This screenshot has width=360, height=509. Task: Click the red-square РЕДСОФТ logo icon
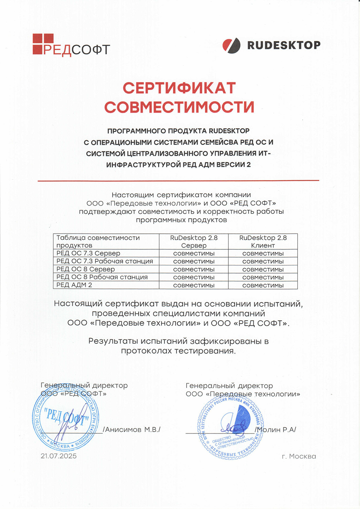click(x=43, y=44)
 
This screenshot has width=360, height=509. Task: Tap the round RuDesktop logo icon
click(x=231, y=45)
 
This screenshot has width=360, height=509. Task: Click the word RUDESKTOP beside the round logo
click(x=284, y=45)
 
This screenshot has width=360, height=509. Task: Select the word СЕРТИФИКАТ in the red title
click(x=179, y=88)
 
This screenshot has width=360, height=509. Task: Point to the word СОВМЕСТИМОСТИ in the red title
click(x=179, y=107)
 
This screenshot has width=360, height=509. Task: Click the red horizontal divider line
click(x=178, y=181)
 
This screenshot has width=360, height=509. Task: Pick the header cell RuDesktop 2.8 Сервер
click(x=194, y=242)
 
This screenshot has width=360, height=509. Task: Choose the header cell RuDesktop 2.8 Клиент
click(x=263, y=242)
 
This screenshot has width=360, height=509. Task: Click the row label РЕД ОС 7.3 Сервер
click(x=88, y=253)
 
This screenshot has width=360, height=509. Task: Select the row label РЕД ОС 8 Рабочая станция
click(x=102, y=277)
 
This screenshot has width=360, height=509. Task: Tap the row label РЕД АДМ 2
click(x=74, y=285)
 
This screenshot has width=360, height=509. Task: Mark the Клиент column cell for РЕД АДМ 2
click(x=263, y=285)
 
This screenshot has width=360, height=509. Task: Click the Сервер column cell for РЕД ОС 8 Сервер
click(x=194, y=269)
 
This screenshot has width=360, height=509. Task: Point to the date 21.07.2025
click(x=59, y=456)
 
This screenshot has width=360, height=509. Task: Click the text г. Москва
click(x=299, y=456)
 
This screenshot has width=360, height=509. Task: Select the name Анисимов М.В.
click(x=132, y=430)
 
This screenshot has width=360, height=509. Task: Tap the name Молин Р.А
click(x=276, y=430)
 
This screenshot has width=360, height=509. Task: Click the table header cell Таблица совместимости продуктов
click(x=98, y=242)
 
